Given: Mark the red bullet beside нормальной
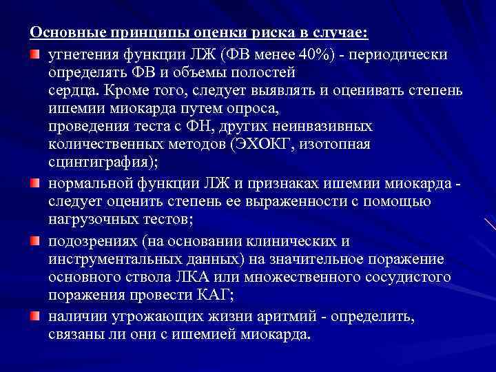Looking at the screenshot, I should click(x=34, y=183).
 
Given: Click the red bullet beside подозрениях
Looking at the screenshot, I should click(x=34, y=239).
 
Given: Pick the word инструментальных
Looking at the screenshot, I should click(x=119, y=258).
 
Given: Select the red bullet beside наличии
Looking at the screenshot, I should click(x=34, y=315).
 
